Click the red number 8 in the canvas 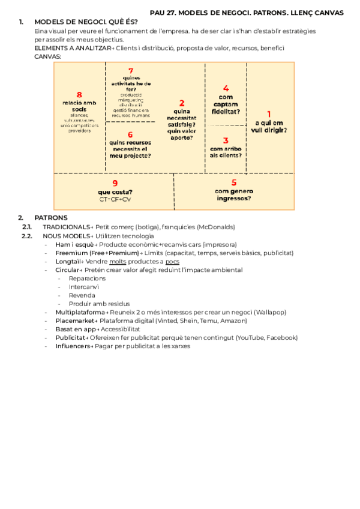[79, 94]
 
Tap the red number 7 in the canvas [130, 71]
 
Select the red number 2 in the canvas [182, 103]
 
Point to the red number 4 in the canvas [226, 88]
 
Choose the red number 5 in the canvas [234, 183]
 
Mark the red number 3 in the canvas [226, 140]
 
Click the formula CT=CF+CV [115, 199]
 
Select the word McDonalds [215, 227]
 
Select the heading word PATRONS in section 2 [51, 217]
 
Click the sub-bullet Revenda [82, 295]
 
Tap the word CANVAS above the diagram [47, 56]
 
